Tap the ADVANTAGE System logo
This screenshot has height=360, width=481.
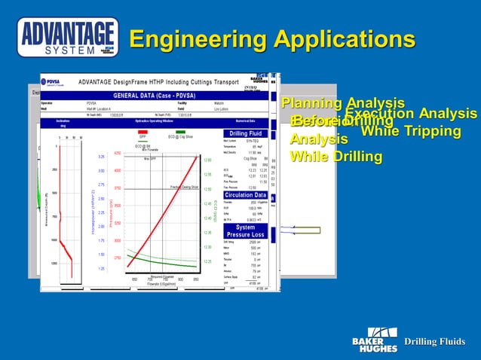tap(69, 38)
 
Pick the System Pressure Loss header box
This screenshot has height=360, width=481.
tap(246, 231)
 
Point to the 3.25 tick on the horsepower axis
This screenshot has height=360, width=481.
tap(101, 157)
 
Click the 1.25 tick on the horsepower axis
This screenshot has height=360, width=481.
tap(101, 268)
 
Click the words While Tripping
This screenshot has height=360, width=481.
tap(411, 131)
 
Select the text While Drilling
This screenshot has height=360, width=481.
tap(335, 157)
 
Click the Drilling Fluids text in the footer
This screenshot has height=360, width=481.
tap(435, 342)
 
